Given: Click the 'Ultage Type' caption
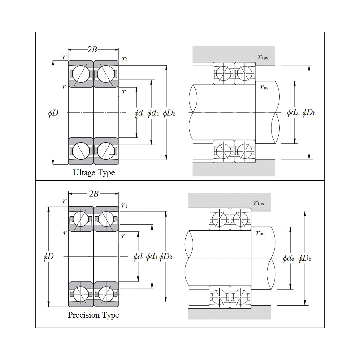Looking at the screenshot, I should point(94,173).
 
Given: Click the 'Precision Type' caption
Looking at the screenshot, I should point(93,315).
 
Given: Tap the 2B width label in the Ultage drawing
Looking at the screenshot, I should point(92,49).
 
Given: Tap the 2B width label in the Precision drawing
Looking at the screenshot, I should point(94,194).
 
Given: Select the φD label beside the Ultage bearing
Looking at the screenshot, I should point(53,113).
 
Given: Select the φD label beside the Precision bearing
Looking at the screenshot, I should point(49,256).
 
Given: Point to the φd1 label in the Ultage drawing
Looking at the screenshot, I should point(153,113).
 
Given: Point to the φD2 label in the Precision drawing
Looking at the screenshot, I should point(166,257).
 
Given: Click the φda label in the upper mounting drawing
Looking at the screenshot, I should point(292,113).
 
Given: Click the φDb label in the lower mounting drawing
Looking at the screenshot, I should point(305,258).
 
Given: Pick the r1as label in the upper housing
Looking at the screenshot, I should point(263,57).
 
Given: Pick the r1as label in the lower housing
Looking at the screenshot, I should point(259,203).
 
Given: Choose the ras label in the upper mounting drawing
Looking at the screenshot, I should point(264,87).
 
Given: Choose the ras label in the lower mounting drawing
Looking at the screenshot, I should point(260,233).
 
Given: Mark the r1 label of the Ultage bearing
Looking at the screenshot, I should point(125,58).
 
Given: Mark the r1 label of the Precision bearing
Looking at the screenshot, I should point(124,205).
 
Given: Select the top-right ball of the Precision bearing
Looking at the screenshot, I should point(106,219).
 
